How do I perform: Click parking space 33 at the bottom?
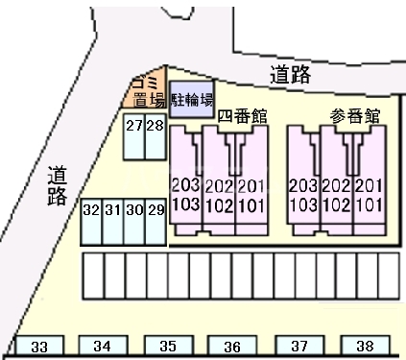point(39,346)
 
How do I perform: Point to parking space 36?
point(231,346)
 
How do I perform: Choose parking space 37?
point(299,346)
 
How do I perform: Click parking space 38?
point(365,346)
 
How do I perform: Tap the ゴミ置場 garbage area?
point(147,92)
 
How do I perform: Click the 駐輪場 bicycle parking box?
point(193,99)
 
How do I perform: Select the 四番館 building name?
point(241,116)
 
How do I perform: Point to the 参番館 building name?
point(355,116)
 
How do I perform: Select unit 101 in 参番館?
point(369,204)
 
